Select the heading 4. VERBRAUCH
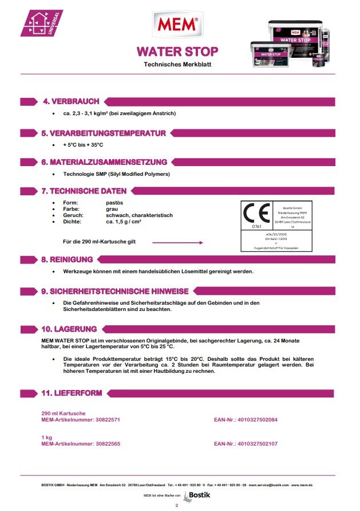[71, 101]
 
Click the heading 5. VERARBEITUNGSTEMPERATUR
[103, 133]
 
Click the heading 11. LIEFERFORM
[72, 393]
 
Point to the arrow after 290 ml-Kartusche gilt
[177, 242]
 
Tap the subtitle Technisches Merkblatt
[177, 65]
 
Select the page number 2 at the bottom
[177, 506]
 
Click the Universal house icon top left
[40, 23]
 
